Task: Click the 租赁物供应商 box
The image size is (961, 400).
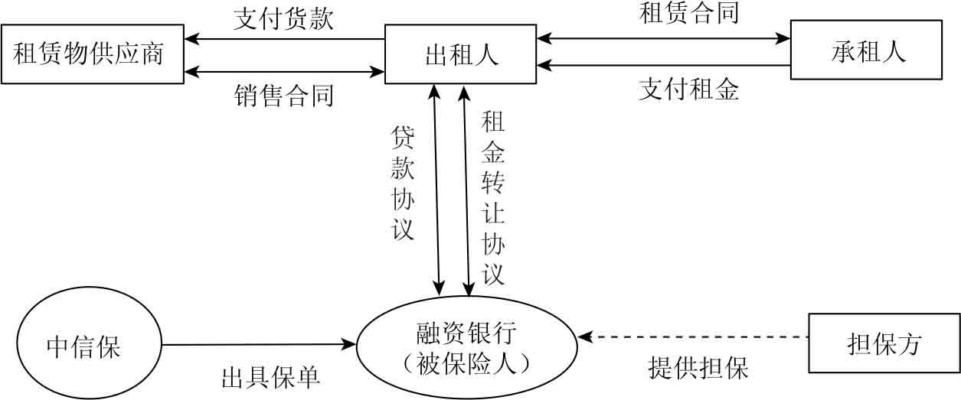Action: pos(92,54)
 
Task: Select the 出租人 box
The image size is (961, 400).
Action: pos(460,54)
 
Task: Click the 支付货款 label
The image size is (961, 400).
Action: pos(283,18)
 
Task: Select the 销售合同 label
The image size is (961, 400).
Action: pos(283,96)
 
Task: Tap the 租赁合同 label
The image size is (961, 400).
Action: pos(688,12)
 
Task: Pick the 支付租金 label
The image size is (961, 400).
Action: pos(688,90)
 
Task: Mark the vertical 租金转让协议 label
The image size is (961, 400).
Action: pos(492,197)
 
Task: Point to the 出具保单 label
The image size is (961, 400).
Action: pos(270,377)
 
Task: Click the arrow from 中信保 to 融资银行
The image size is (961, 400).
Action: pos(260,344)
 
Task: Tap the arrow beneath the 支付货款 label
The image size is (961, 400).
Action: pos(283,38)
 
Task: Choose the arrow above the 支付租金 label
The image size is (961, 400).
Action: pos(663,66)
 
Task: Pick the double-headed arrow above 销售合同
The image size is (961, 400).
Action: pos(283,72)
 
